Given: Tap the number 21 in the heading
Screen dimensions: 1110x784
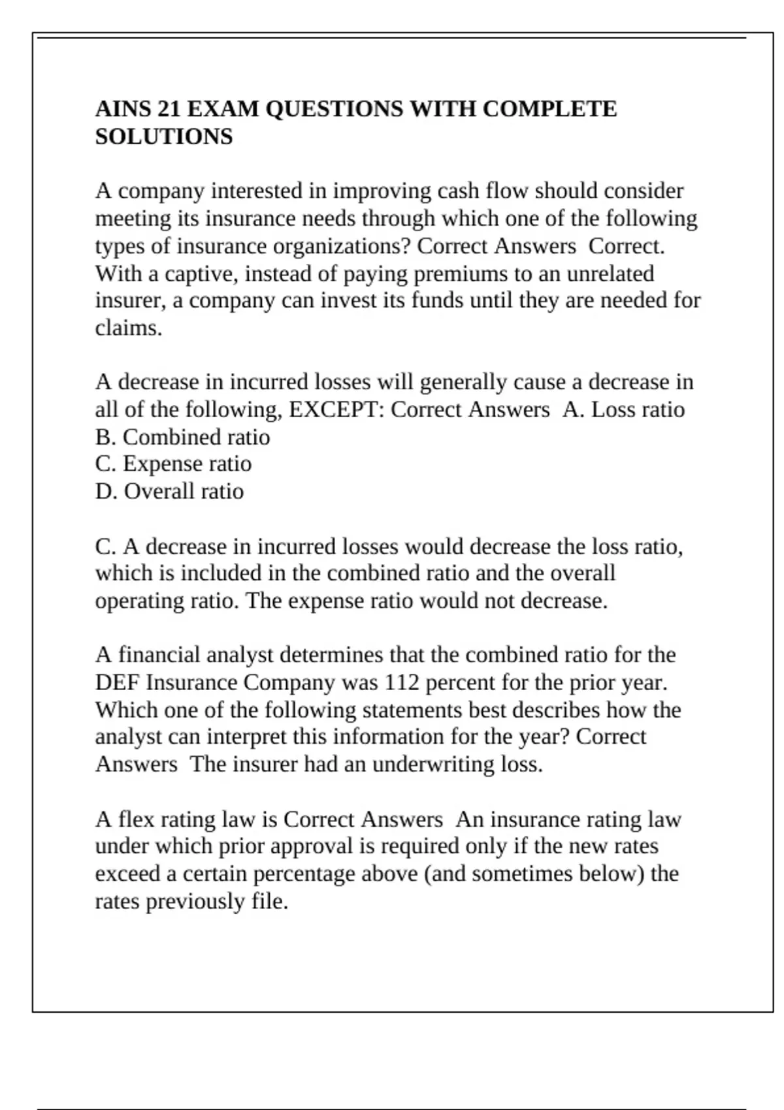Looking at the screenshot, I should point(169,109).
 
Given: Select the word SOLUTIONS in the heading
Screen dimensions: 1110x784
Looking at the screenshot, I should point(164,137).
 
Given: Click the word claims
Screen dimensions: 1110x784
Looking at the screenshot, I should point(128,328).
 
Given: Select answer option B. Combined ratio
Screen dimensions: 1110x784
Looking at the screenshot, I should point(182,437).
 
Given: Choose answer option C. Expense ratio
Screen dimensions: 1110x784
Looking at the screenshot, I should point(173,464).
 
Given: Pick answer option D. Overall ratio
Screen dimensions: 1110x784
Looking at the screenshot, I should point(169,492).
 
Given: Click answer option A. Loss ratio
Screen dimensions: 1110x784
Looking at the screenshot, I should point(623,410).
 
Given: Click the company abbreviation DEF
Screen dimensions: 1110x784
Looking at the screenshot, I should point(118,683).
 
